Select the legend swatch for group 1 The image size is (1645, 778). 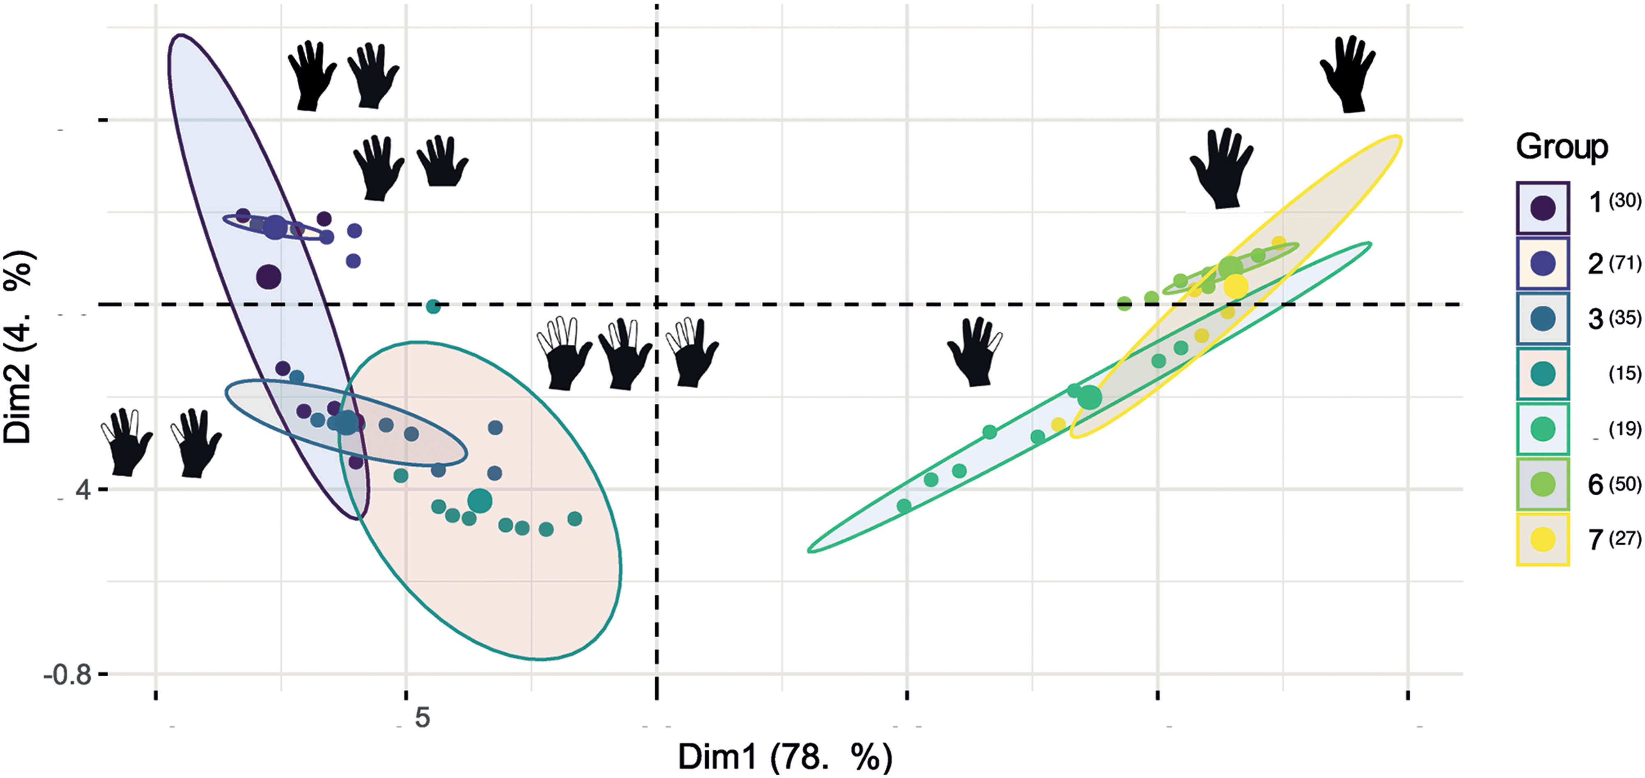pyautogui.click(x=1542, y=208)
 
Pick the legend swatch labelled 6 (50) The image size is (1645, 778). pyautogui.click(x=1542, y=485)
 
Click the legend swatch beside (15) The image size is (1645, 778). pyautogui.click(x=1542, y=374)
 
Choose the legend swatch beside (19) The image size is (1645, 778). pyautogui.click(x=1542, y=429)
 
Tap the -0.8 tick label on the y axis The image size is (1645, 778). pyautogui.click(x=67, y=675)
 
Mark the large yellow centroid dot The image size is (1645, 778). pyautogui.click(x=1236, y=286)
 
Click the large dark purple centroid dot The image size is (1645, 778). pyautogui.click(x=269, y=277)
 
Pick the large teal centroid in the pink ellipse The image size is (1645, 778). pyautogui.click(x=480, y=501)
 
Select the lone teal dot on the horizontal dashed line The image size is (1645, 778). pyautogui.click(x=433, y=307)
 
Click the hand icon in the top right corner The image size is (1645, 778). pyautogui.click(x=1347, y=74)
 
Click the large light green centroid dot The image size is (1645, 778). pyautogui.click(x=1230, y=268)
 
